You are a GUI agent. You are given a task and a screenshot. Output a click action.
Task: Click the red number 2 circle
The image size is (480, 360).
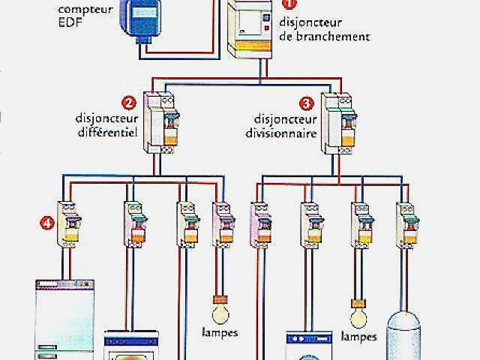[x=129, y=103]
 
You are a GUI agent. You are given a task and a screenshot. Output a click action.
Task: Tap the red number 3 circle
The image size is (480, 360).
[x=307, y=103]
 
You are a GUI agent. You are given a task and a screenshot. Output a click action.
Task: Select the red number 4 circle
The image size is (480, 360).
[x=47, y=223]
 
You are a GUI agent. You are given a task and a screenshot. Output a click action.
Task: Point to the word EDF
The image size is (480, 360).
[x=70, y=22]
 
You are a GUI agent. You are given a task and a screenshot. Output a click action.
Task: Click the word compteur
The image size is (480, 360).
[x=85, y=10]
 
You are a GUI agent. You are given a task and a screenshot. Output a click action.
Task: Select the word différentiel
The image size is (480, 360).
[x=108, y=132]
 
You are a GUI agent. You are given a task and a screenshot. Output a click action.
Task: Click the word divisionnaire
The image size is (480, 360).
[x=281, y=133]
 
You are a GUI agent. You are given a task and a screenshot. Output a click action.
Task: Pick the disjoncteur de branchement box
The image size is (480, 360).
[x=250, y=29]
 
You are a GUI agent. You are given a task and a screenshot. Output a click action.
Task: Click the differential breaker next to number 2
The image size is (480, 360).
[x=161, y=122]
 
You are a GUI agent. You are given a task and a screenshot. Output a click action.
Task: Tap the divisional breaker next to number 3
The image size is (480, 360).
[x=338, y=123]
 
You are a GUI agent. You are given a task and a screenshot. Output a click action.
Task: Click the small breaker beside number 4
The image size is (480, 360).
[x=69, y=224]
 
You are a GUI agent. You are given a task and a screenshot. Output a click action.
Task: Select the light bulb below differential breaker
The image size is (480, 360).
[x=220, y=310]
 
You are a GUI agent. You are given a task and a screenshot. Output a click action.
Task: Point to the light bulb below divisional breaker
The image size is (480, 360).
[x=358, y=313]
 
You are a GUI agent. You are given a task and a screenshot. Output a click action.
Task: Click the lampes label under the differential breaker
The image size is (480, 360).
[x=220, y=333]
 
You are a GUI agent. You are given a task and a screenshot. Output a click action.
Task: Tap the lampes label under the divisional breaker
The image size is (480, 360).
[x=358, y=337]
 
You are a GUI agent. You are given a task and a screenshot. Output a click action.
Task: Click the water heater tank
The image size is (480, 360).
[x=403, y=336]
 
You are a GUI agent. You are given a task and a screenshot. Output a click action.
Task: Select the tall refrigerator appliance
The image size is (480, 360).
[x=65, y=320]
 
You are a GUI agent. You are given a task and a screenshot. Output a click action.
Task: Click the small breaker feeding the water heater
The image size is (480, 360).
[x=407, y=225]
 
